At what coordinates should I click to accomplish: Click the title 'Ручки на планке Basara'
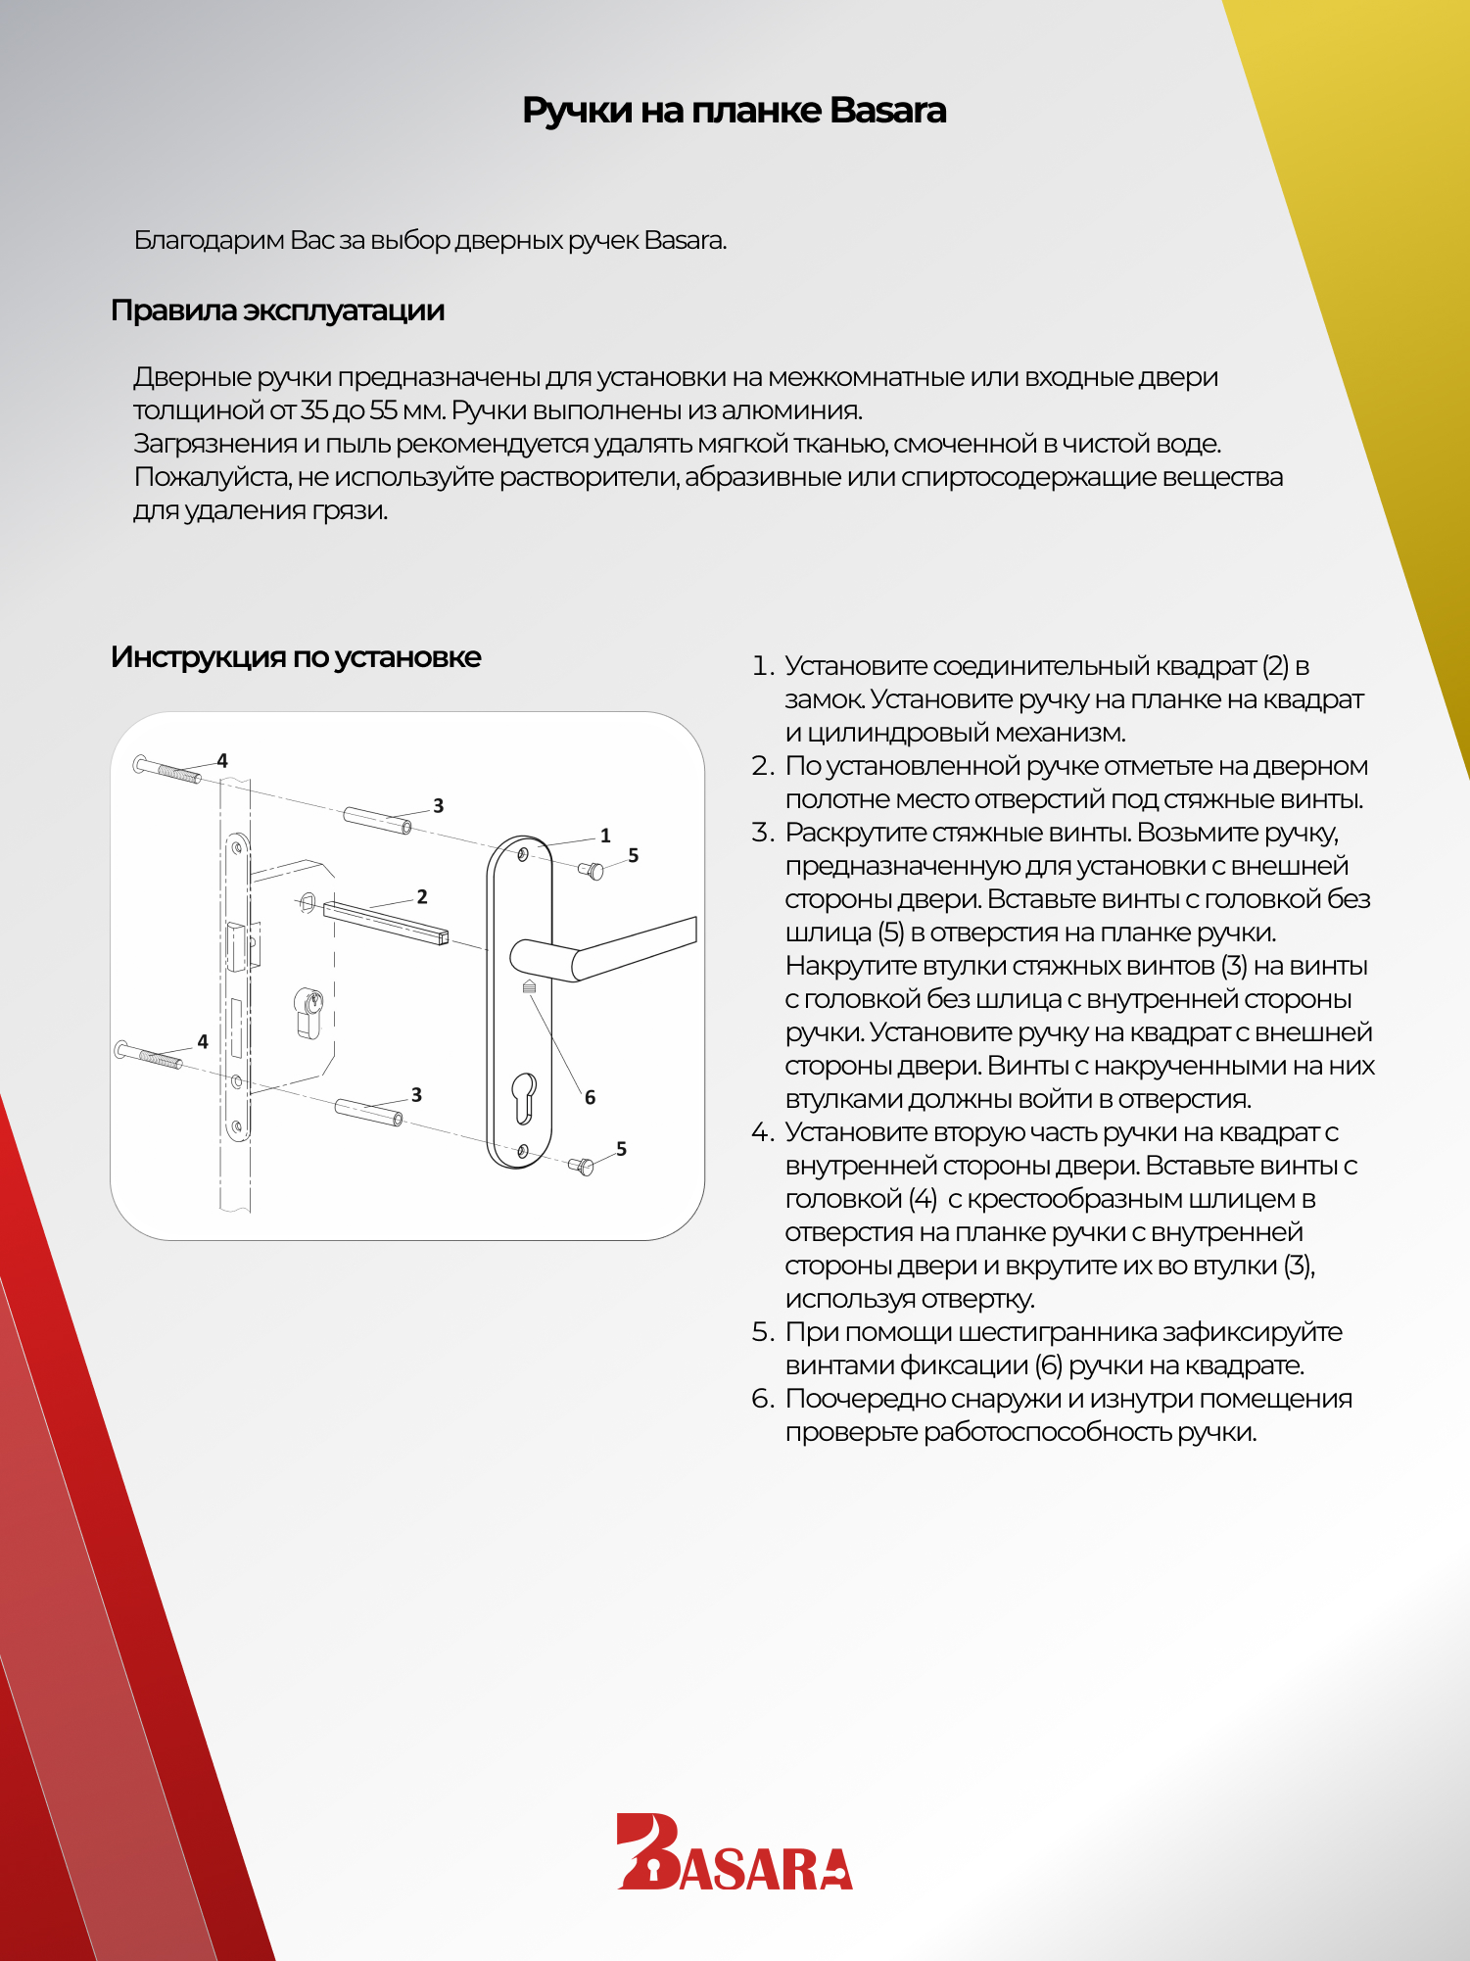tap(734, 111)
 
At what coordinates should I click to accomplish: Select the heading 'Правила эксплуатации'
tap(277, 311)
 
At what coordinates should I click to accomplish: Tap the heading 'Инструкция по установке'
tap(295, 657)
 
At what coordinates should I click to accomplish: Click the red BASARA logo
tap(734, 1851)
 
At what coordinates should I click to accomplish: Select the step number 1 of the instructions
tap(762, 666)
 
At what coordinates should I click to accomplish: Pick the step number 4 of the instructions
tap(762, 1132)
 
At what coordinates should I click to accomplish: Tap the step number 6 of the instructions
tap(762, 1399)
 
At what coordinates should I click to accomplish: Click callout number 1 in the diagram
tap(605, 836)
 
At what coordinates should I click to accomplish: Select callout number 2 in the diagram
tap(422, 896)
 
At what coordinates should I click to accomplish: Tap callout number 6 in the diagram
tap(590, 1097)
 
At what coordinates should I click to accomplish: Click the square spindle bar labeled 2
tap(385, 921)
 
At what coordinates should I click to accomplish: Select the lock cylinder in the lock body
tap(309, 1009)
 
